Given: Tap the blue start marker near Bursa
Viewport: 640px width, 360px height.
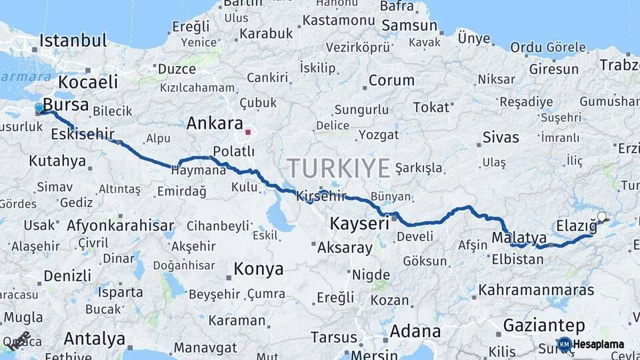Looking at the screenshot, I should click(39, 108).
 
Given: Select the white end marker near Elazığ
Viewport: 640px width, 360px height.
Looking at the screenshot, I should click(602, 217).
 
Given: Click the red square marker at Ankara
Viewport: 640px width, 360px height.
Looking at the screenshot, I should click(247, 132).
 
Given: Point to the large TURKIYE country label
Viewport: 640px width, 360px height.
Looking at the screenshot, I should click(339, 168).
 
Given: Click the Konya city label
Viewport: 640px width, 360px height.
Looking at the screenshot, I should click(258, 269).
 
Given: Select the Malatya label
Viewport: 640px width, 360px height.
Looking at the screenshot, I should click(519, 237).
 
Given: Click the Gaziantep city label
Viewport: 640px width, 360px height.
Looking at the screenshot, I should click(544, 325).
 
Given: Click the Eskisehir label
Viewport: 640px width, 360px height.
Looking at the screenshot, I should click(83, 134).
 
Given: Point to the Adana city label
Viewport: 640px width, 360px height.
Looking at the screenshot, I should click(415, 331).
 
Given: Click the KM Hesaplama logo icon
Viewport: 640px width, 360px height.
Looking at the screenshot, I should click(564, 344).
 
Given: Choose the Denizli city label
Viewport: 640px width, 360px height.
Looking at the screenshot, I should click(67, 275).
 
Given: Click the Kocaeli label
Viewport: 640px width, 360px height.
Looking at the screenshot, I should click(87, 82).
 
